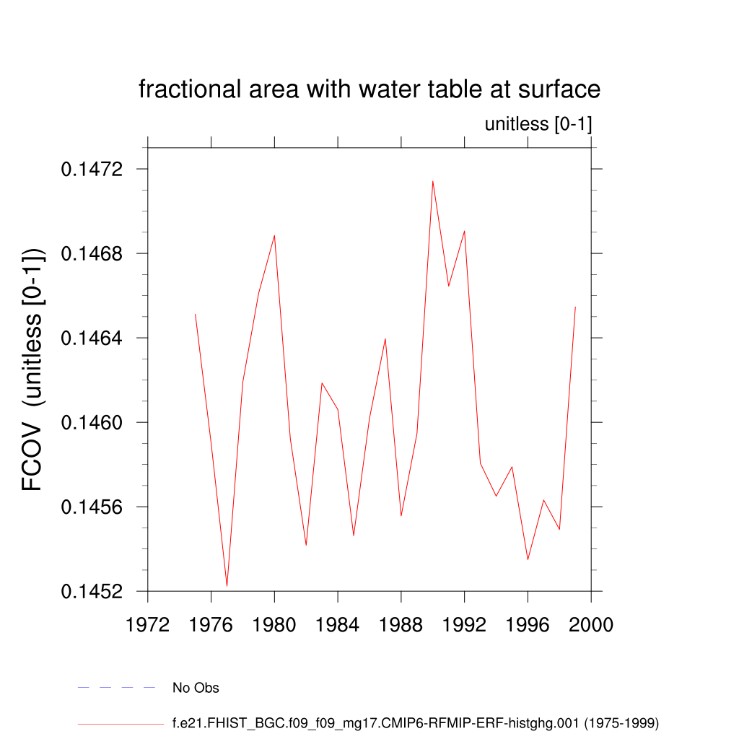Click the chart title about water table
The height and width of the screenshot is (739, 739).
369,89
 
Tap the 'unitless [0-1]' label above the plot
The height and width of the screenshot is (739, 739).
538,124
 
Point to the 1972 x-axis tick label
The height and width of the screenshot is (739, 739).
148,624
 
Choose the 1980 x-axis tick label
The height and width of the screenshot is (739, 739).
274,624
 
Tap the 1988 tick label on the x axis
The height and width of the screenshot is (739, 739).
401,624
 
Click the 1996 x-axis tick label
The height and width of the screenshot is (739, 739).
528,624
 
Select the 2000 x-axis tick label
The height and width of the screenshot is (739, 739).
591,624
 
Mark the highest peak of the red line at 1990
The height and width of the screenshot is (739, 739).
433,181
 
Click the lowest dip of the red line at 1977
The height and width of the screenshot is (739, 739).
227,585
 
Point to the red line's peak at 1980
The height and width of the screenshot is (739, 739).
274,235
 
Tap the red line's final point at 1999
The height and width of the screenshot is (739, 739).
575,307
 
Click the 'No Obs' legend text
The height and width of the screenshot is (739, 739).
196,688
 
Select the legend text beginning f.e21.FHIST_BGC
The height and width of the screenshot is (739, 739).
415,722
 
